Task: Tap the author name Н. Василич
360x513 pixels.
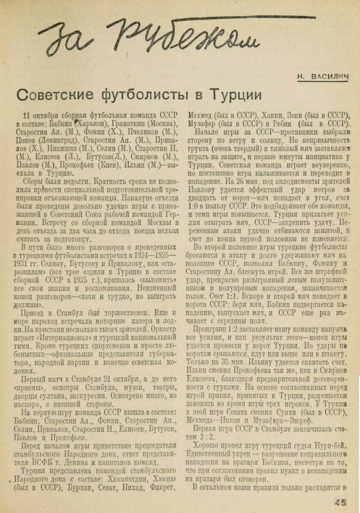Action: (323, 76)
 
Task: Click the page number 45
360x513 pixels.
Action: (341, 503)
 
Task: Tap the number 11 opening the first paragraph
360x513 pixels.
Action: (27, 116)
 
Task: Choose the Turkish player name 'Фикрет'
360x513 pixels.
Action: (162, 487)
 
